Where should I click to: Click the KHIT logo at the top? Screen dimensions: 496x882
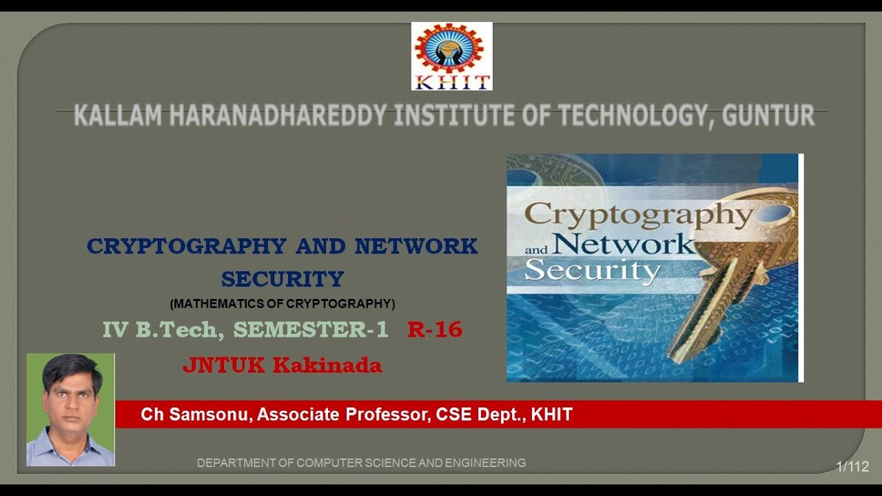pos(452,56)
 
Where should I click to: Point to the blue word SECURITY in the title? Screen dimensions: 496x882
pos(283,279)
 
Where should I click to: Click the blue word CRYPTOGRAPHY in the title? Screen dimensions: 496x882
pos(186,246)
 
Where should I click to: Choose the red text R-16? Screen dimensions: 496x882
pos(435,330)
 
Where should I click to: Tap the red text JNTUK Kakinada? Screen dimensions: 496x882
pos(282,365)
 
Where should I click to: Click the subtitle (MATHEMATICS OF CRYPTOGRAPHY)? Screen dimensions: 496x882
pos(283,303)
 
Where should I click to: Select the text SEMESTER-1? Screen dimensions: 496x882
pos(311,330)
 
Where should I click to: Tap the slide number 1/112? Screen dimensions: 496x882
pos(852,466)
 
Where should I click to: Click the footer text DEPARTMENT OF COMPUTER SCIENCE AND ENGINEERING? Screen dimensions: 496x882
pos(361,463)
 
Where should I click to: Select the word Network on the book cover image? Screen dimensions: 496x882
pos(624,244)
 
